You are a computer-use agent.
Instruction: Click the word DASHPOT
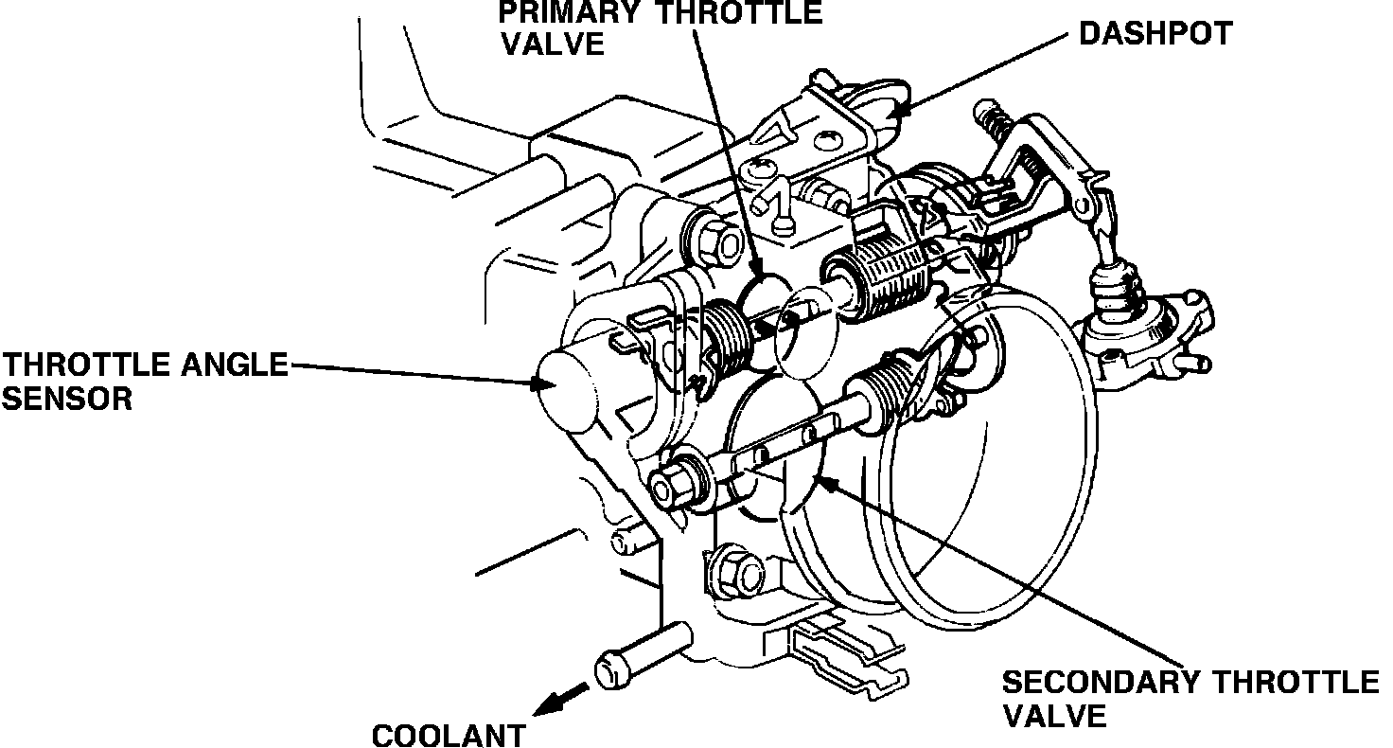[1155, 35]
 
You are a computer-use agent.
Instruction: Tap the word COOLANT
[448, 735]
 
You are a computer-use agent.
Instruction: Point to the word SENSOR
[66, 399]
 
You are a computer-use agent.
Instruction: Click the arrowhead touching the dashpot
[899, 110]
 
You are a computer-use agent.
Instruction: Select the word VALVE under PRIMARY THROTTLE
[552, 45]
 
